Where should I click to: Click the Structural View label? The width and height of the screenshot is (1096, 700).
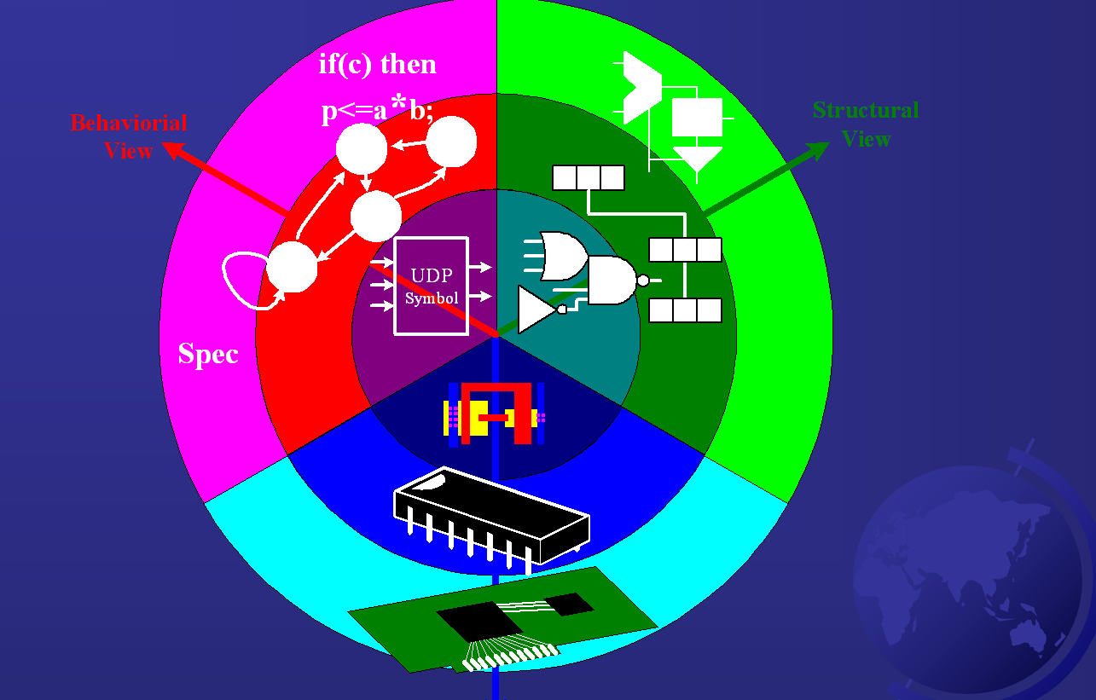pyautogui.click(x=866, y=124)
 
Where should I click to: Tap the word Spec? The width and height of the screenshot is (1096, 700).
pyautogui.click(x=207, y=354)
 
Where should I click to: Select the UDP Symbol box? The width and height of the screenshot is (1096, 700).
pyautogui.click(x=431, y=285)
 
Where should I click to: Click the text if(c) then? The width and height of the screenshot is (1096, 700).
pyautogui.click(x=377, y=65)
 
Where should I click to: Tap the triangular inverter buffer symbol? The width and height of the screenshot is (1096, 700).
pyautogui.click(x=537, y=309)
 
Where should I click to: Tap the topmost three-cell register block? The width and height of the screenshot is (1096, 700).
pyautogui.click(x=589, y=177)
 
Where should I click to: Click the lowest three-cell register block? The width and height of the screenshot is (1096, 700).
pyautogui.click(x=685, y=310)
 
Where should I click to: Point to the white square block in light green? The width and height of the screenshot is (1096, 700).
pyautogui.click(x=697, y=118)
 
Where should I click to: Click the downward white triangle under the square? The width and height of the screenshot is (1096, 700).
pyautogui.click(x=697, y=157)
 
